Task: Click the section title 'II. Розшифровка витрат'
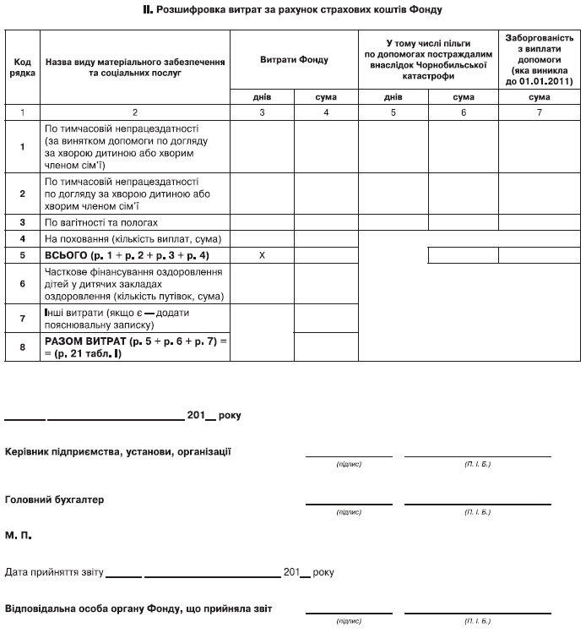[292, 10]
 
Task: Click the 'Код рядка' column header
[23, 68]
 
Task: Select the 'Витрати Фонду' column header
[295, 60]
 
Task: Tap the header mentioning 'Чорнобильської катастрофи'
[428, 59]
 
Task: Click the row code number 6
[23, 285]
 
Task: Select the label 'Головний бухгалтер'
[55, 499]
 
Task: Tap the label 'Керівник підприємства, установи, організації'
[118, 451]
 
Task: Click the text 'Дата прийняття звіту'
[54, 572]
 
